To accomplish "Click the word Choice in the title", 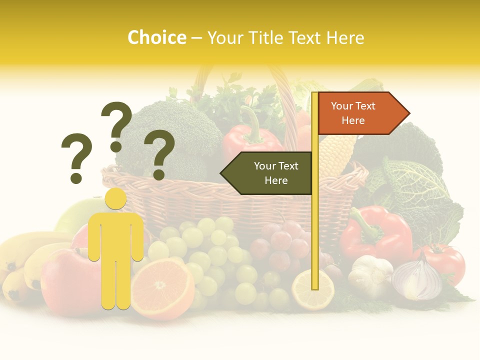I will pos(156,37).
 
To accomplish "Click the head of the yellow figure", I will pos(116,198).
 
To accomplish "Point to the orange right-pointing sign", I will pos(360,113).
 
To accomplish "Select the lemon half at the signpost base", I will pos(313,290).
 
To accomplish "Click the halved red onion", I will pos(417,280).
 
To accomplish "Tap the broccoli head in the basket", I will pos(170,135).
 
